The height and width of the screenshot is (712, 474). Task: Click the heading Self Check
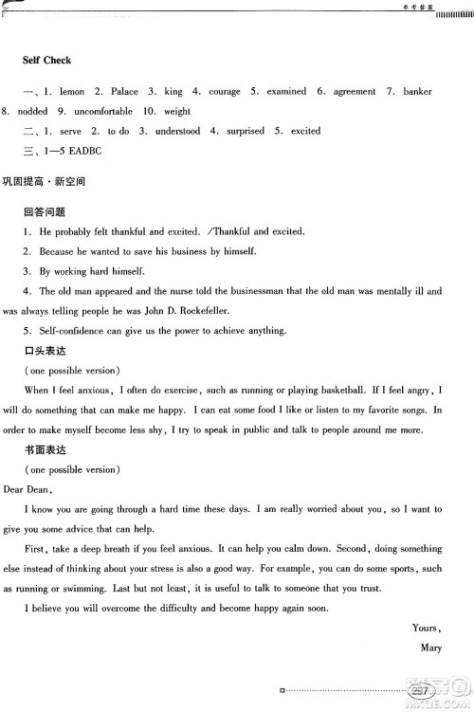[47, 60]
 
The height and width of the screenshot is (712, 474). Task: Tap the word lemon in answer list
[71, 92]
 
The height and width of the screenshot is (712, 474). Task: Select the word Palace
[124, 92]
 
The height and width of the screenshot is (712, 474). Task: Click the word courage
[224, 92]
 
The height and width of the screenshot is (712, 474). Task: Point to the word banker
[417, 92]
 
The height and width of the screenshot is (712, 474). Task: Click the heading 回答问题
[45, 211]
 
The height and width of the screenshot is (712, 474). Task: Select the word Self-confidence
[78, 330]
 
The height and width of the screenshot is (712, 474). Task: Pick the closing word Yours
[427, 628]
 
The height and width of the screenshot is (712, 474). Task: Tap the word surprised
[246, 131]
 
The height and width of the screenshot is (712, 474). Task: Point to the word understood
[177, 131]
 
